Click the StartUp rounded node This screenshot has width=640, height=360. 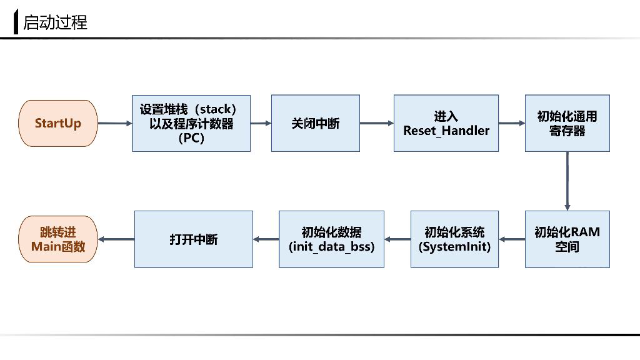point(58,123)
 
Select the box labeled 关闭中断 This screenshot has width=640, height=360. point(315,123)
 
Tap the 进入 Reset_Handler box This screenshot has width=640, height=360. point(446,123)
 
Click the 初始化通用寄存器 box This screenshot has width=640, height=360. point(567,123)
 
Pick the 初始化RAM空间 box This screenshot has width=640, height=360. point(567,239)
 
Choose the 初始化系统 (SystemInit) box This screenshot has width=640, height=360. point(454,239)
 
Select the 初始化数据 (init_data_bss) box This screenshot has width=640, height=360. point(331,239)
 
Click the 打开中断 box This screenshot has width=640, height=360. point(193,239)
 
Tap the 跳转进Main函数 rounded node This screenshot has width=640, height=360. point(58,239)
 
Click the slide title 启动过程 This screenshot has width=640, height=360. point(55,22)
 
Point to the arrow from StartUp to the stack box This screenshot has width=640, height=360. point(115,123)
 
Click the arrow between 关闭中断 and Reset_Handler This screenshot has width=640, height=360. point(376,123)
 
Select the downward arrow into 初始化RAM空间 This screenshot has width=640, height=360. point(567,181)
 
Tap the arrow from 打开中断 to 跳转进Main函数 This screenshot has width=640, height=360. point(117,239)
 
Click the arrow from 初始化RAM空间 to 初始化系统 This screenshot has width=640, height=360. point(512,239)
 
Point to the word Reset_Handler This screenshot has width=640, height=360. point(446,131)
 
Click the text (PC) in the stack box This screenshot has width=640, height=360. point(191,138)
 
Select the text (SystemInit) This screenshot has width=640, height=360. point(454,246)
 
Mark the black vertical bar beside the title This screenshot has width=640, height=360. point(16,22)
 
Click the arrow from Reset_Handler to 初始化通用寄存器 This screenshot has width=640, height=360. point(512,123)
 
